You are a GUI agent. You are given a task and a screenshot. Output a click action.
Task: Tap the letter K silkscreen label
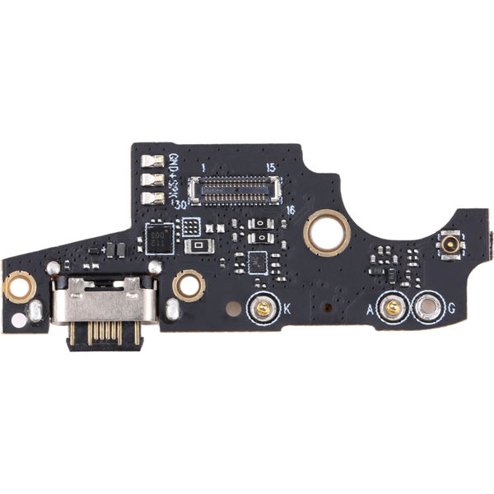[287, 310]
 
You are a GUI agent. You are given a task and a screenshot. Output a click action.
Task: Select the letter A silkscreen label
[370, 310]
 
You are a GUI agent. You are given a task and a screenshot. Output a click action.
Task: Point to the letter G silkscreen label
[450, 310]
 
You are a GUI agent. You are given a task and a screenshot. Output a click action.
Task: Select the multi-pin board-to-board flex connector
[235, 189]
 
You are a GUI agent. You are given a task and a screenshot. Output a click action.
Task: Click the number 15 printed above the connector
[271, 168]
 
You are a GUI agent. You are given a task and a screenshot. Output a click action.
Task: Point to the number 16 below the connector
[289, 210]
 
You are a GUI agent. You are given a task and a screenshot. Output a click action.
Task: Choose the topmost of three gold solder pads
[152, 161]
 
